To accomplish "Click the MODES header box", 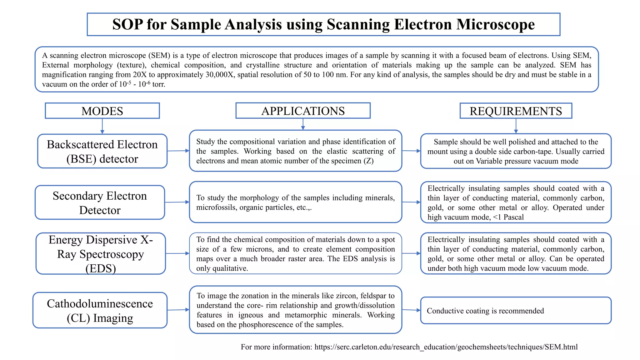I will coord(102,111).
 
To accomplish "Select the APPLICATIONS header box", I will coord(303,111).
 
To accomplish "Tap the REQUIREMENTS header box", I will coord(516,111).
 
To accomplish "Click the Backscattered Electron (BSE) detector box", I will coord(102,152).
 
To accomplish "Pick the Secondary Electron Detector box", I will coord(100,203).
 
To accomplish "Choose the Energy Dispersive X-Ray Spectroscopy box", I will coord(101,254).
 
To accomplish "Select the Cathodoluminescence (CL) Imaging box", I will coord(100,310).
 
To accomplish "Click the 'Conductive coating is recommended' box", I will coord(516,311).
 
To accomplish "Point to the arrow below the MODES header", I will coord(102,126).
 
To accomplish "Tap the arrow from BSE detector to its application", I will coord(178,151).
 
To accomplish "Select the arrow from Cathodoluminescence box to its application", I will coord(178,310).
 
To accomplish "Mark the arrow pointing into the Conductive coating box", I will coord(411,310).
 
